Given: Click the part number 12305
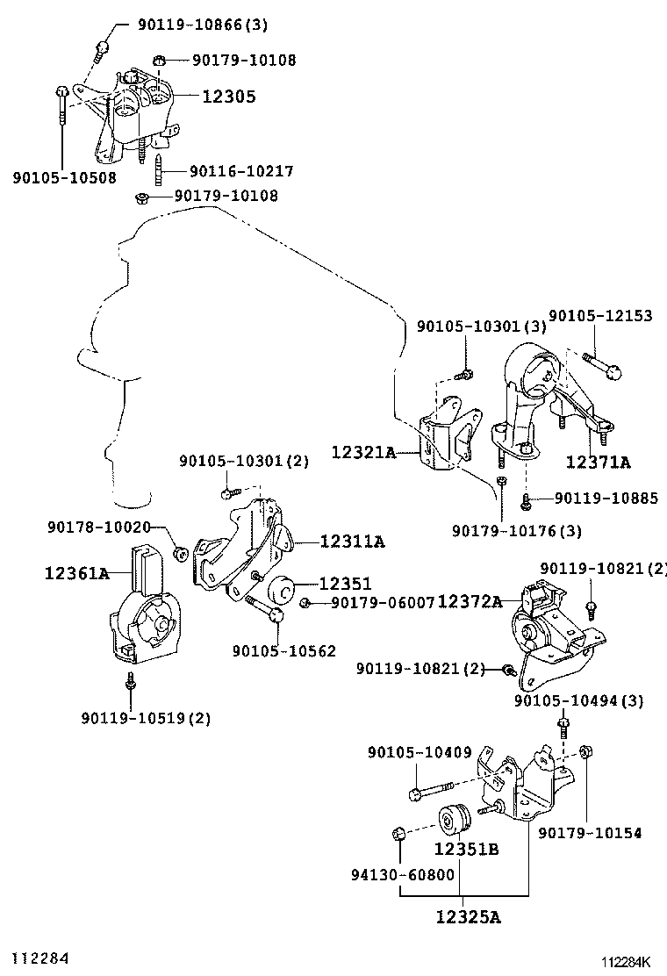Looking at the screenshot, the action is [229, 96].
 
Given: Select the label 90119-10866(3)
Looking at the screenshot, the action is [203, 25].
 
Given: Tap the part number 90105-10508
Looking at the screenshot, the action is [65, 177].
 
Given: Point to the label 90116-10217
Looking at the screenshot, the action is [241, 170].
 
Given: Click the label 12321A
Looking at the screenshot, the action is [363, 452].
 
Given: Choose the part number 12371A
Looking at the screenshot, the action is [598, 462].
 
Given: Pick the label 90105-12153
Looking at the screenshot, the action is [600, 316].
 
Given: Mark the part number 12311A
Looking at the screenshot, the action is [352, 542].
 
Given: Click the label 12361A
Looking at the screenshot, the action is [76, 572].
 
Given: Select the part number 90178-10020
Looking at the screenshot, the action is [99, 527].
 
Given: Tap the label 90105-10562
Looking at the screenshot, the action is [284, 651].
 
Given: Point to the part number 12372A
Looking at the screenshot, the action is [470, 601].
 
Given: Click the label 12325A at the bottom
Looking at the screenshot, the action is [468, 917].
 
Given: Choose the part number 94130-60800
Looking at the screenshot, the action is [403, 875].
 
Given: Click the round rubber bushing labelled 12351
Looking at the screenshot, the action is [281, 588].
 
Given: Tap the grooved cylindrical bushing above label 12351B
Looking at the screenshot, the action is [455, 822].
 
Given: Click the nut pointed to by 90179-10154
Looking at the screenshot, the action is [585, 752].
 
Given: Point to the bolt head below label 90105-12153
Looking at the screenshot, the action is [614, 372].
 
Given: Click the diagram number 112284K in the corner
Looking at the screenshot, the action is [625, 962].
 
